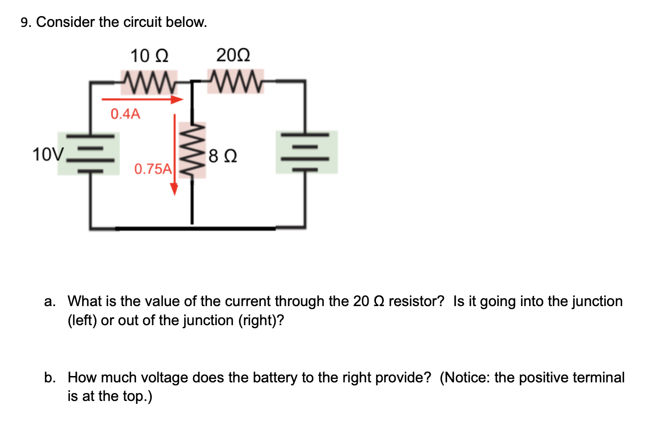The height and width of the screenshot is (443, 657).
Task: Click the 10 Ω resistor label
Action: [x=150, y=56]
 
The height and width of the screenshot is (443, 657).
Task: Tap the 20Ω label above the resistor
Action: [x=233, y=55]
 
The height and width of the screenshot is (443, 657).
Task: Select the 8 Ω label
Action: [x=223, y=157]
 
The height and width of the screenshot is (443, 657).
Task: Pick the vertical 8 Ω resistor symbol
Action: [x=192, y=150]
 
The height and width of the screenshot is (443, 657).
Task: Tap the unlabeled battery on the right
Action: [x=306, y=152]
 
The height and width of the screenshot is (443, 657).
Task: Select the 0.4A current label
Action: [x=125, y=114]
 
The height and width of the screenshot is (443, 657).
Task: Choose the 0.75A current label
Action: [x=153, y=169]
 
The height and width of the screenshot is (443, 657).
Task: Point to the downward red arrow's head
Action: [x=174, y=190]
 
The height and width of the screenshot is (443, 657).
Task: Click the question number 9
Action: [x=25, y=22]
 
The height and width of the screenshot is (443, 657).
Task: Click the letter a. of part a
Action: [x=49, y=302]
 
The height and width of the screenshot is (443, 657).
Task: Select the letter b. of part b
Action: [x=49, y=377]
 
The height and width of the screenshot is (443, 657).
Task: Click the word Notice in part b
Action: [x=466, y=377]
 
